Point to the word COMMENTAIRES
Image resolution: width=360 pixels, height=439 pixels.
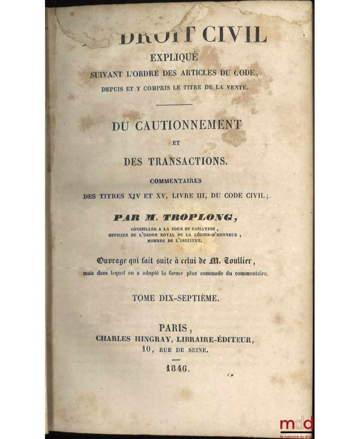(176, 182)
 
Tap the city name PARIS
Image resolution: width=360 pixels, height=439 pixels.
(175, 328)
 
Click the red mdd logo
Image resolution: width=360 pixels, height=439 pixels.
(296, 423)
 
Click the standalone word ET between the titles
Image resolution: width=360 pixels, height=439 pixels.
(175, 144)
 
